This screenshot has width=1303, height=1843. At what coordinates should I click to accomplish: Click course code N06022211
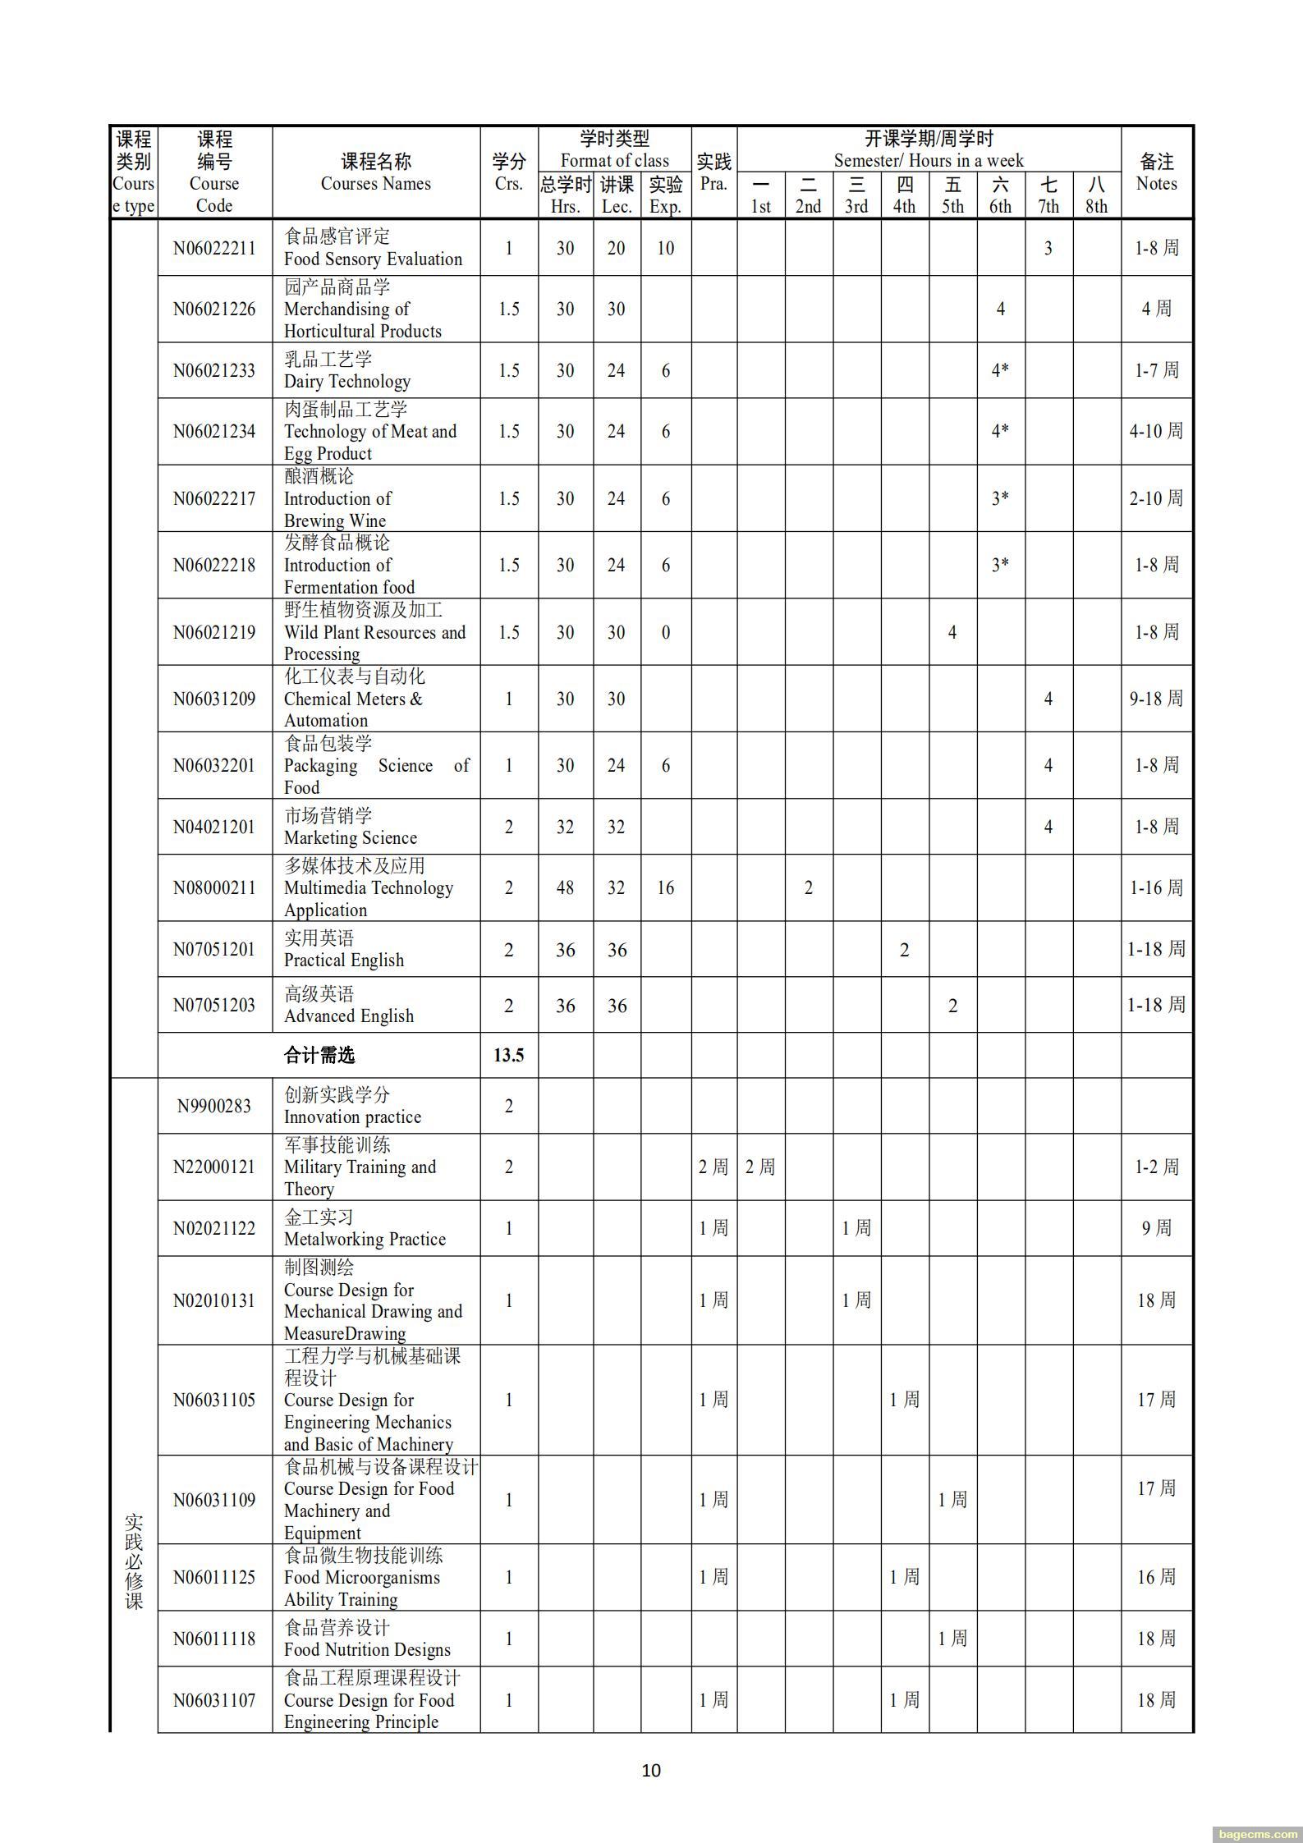coord(214,248)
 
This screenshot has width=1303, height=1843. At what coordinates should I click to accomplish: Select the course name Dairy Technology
coord(346,381)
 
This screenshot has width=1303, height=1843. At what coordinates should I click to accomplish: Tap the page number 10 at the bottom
coord(651,1770)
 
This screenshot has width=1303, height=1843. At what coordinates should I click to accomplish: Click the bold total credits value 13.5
coord(509,1055)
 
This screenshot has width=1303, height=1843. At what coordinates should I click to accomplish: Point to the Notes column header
coord(1156,172)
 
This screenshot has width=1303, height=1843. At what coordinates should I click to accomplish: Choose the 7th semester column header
coord(1048,195)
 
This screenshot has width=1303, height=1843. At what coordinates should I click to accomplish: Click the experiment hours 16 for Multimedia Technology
coord(665,887)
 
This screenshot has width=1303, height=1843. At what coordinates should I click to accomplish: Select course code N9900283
coord(214,1106)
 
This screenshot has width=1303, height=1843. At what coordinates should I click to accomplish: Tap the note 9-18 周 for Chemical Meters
coord(1156,699)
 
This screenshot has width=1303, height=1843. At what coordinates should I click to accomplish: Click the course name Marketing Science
coord(351,837)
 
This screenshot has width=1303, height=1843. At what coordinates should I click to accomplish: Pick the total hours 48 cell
coord(565,887)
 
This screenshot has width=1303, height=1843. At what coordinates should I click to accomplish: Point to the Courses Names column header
coord(375,172)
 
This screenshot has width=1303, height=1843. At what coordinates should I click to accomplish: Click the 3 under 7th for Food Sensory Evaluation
coord(1048,248)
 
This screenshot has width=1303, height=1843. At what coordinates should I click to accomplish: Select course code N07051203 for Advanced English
coord(214,1005)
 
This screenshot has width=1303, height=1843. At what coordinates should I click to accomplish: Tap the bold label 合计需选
coord(319,1055)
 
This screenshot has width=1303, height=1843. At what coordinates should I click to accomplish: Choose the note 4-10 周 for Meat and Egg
coord(1156,431)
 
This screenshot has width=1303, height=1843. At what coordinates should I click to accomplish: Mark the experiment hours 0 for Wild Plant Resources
coord(665,632)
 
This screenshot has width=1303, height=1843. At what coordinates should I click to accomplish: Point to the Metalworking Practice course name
coord(365,1239)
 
